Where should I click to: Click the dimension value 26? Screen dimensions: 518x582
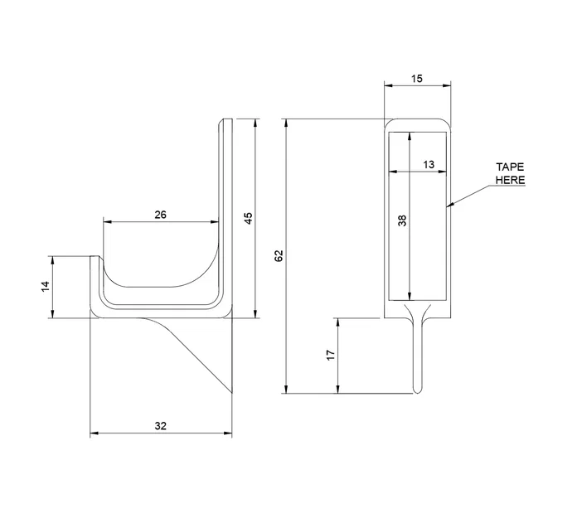pyautogui.click(x=161, y=215)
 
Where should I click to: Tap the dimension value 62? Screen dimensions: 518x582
pyautogui.click(x=279, y=256)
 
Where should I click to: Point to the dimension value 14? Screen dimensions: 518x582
pyautogui.click(x=46, y=286)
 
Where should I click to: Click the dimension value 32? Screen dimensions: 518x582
pyautogui.click(x=161, y=425)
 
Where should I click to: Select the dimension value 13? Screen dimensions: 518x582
pyautogui.click(x=429, y=165)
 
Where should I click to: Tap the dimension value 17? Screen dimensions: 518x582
pyautogui.click(x=330, y=355)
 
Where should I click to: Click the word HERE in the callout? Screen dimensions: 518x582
pyautogui.click(x=510, y=180)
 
